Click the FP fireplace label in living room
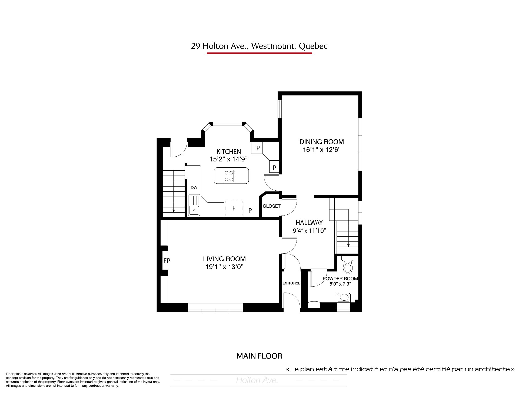[x=167, y=261]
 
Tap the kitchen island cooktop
[x=229, y=175]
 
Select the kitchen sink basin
[x=194, y=210]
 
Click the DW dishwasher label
[x=194, y=188]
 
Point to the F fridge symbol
[x=234, y=208]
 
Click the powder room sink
[x=344, y=298]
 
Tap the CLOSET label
[x=272, y=206]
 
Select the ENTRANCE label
[x=291, y=283]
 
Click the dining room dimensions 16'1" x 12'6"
[x=321, y=150]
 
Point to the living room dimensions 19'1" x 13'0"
[x=224, y=267]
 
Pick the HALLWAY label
[x=309, y=223]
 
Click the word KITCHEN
[x=229, y=151]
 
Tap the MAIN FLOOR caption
[x=259, y=356]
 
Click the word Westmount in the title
[x=272, y=46]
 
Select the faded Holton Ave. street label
[x=257, y=380]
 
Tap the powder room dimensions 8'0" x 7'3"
[x=340, y=284]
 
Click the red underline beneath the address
[x=259, y=53]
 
